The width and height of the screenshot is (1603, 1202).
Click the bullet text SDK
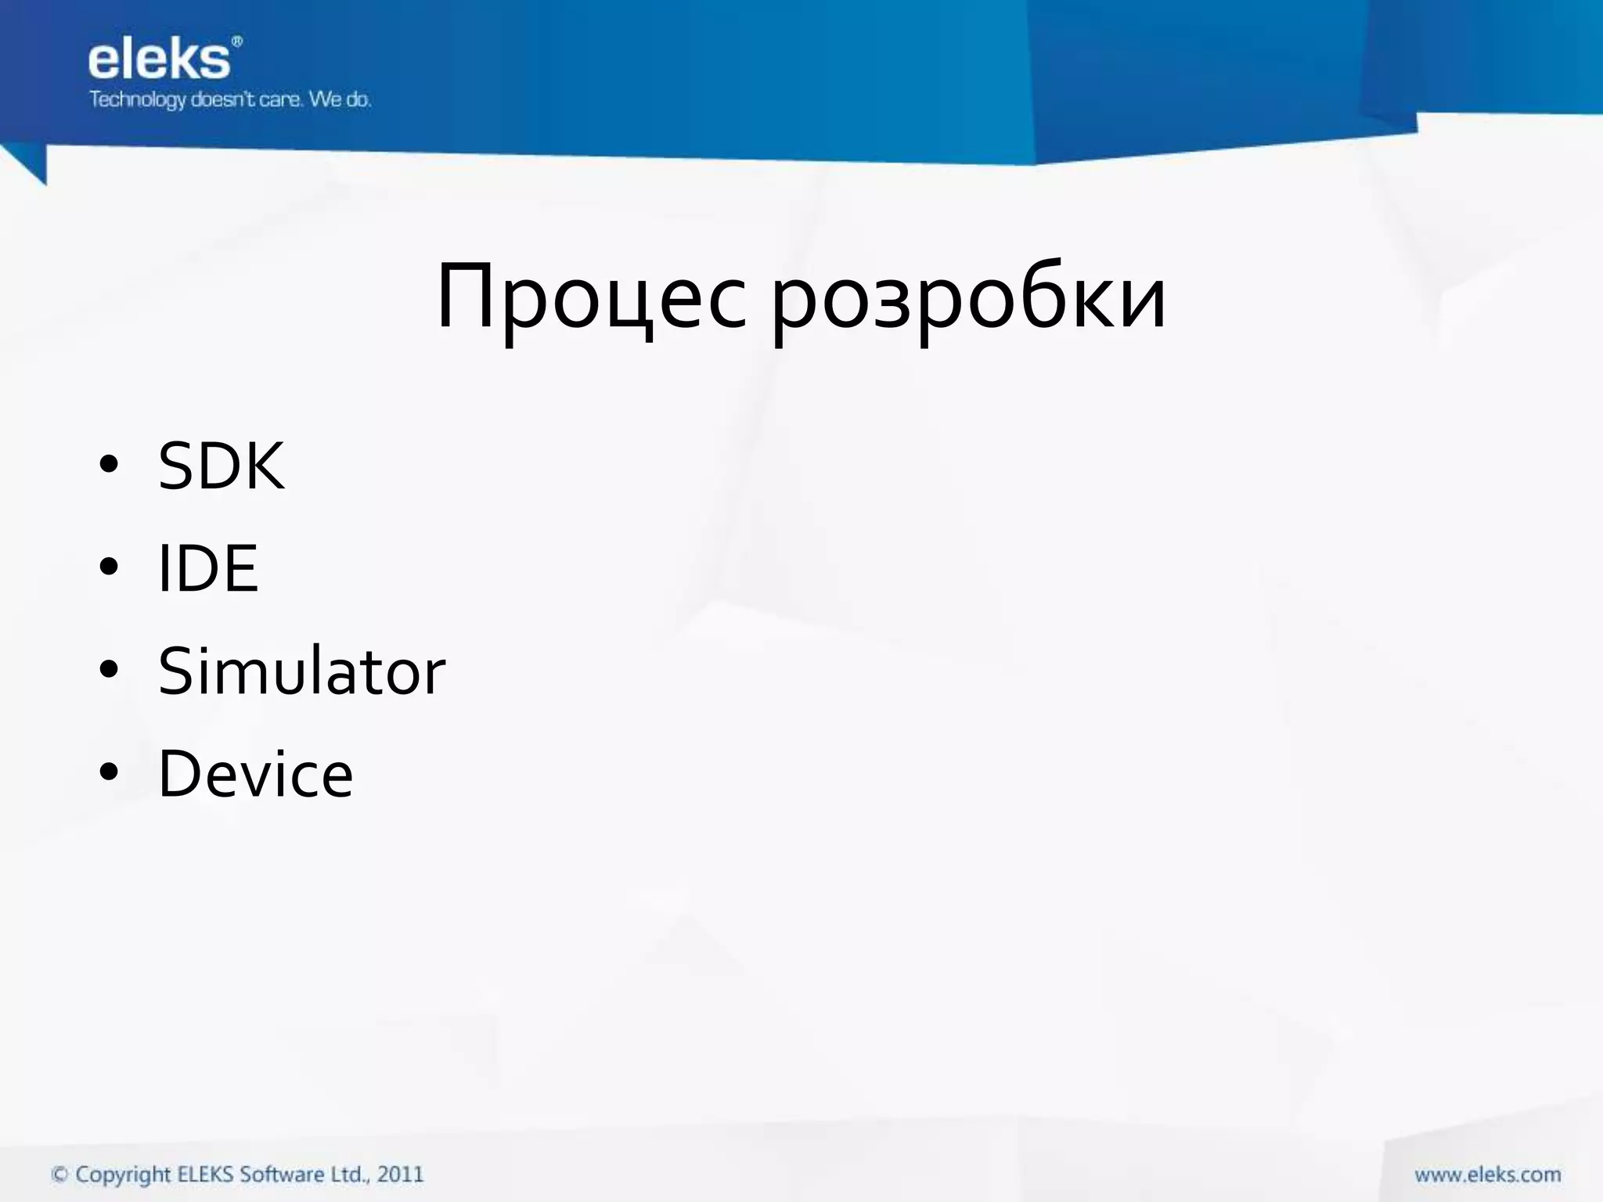coord(222,466)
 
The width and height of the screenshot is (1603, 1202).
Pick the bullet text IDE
coord(207,569)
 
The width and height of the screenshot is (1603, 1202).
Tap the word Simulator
coord(301,671)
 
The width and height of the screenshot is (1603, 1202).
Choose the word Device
coord(256,774)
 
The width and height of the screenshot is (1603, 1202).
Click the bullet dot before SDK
coord(109,464)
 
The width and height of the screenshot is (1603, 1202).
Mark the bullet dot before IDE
coord(109,567)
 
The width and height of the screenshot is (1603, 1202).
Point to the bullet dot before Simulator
coord(109,669)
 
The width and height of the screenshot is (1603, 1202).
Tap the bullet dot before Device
coord(109,772)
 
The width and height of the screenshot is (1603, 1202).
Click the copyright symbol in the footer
coord(59,1175)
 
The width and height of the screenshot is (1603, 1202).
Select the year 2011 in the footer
coord(400,1174)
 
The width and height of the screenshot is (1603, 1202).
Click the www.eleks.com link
coord(1487,1175)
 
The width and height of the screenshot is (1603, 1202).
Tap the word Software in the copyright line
coord(281,1174)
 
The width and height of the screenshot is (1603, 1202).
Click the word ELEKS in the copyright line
coord(205,1174)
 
